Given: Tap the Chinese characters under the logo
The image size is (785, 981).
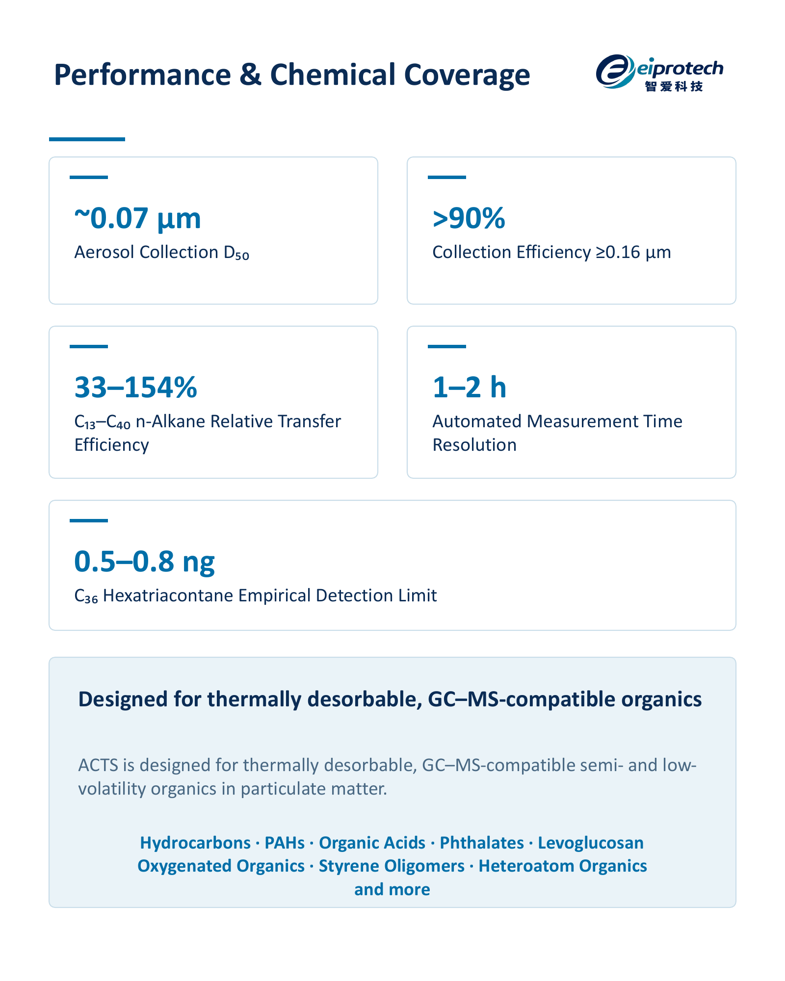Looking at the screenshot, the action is [674, 86].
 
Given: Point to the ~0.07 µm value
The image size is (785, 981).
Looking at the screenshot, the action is [137, 218].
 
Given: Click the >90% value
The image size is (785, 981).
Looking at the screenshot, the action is [469, 218].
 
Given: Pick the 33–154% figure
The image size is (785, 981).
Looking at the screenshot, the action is [136, 387].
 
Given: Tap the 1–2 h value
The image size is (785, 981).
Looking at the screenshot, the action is [470, 387].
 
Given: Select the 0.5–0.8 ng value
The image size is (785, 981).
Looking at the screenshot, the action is [145, 562].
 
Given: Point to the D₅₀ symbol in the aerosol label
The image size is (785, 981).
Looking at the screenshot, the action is [236, 253].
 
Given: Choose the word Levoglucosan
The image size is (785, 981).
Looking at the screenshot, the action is [591, 843].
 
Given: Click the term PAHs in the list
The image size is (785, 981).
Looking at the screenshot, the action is [285, 843].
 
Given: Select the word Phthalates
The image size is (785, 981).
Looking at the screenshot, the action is [482, 843].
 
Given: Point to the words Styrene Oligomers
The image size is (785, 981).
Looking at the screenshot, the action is [392, 866].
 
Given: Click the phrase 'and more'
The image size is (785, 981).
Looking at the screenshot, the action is [392, 889].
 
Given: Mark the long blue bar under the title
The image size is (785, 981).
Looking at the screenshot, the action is [87, 139].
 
